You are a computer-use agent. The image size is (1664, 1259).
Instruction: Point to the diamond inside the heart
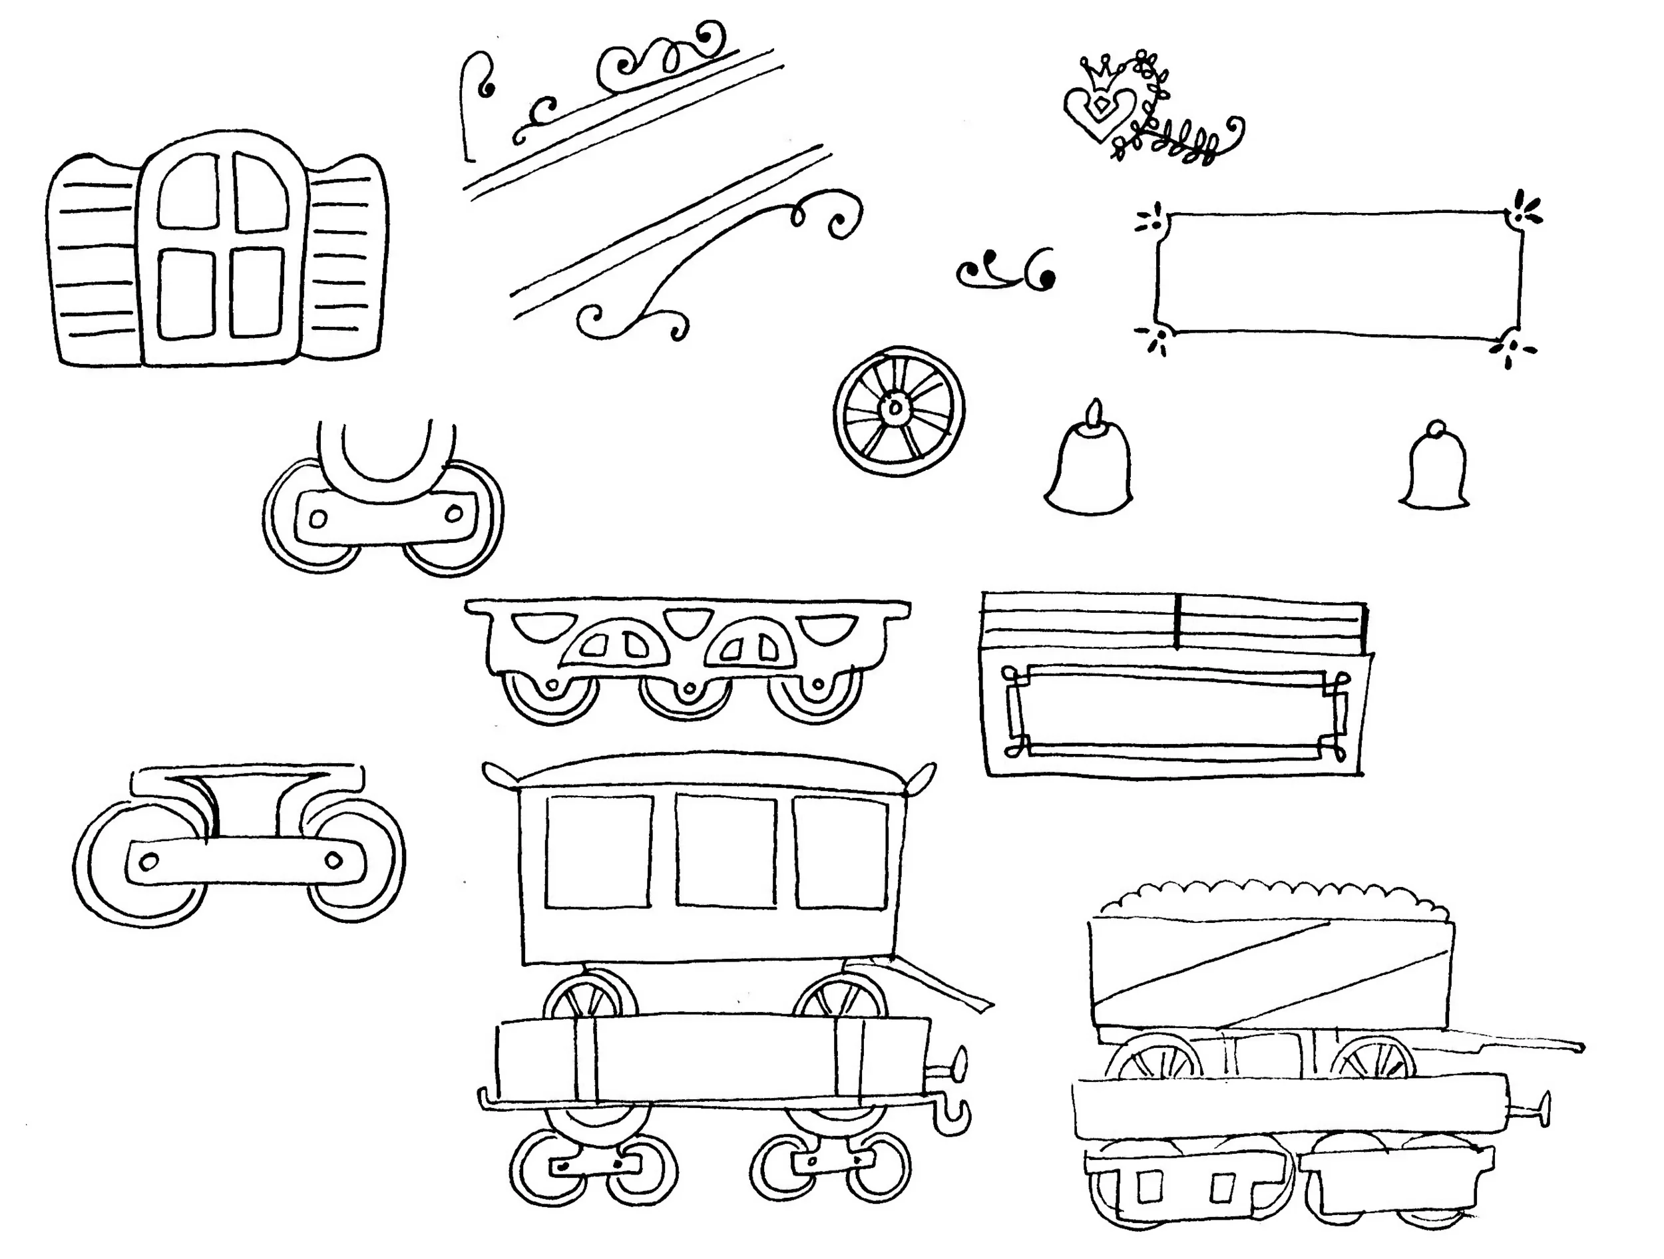(x=1100, y=106)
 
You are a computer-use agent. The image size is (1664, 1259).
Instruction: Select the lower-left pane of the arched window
(x=186, y=293)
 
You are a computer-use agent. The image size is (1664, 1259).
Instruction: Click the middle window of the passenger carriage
(x=726, y=850)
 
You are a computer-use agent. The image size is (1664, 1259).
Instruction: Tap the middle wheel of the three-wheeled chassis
(x=686, y=695)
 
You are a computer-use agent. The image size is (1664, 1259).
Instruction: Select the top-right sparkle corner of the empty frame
(x=1524, y=210)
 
